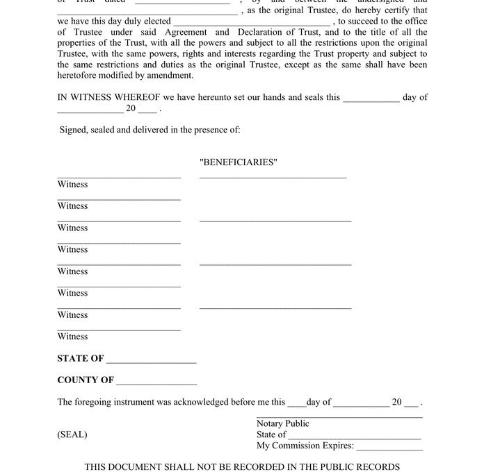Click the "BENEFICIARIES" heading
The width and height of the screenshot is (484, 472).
coord(238,162)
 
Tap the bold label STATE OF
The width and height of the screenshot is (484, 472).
coord(81,359)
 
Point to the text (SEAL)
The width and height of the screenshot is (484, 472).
coord(72,435)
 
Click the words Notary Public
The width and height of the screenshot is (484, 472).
coord(283,423)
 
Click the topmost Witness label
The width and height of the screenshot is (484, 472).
coord(72,185)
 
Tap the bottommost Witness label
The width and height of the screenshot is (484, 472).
coord(72,337)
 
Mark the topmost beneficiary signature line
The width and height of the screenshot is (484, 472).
coord(273,178)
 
